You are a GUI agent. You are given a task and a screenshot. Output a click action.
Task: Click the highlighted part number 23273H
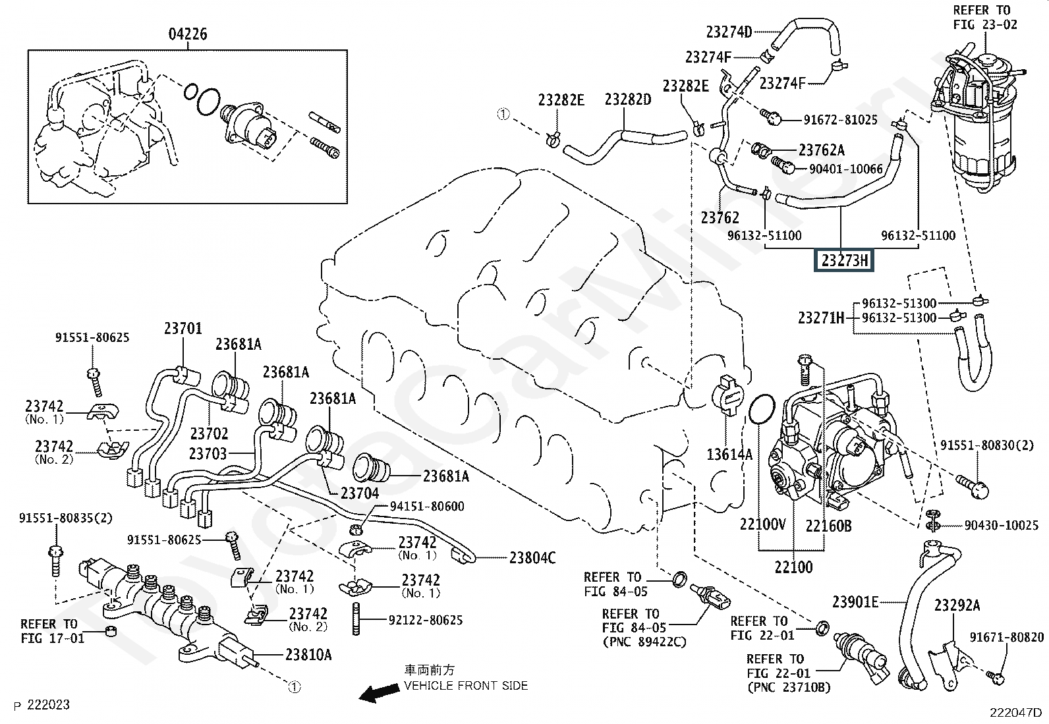coord(845,260)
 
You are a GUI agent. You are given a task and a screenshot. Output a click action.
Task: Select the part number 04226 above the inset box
coord(188,34)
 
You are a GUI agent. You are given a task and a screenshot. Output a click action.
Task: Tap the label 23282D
coord(628,99)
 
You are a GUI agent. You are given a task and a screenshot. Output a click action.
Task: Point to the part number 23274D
coord(729,32)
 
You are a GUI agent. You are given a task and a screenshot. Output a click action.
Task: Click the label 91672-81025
coord(840,120)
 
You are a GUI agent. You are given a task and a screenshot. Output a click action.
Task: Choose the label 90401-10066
coord(845,169)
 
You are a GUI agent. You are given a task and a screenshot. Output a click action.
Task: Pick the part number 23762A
coord(821,151)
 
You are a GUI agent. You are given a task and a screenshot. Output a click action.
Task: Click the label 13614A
coord(729,454)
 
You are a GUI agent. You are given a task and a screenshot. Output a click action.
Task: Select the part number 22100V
coord(762,524)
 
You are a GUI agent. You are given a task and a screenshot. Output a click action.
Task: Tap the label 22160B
coord(828,525)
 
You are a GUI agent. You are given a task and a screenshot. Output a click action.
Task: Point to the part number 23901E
coord(855,601)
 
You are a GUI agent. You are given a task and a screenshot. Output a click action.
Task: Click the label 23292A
coord(957,605)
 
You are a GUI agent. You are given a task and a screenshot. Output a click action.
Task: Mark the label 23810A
coord(308,654)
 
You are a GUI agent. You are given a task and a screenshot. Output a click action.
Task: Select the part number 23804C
coord(532,558)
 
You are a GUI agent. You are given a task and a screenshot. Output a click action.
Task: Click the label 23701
coord(183,328)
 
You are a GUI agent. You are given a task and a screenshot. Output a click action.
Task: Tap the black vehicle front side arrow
coord(379,692)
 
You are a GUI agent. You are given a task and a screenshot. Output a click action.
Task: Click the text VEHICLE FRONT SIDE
coord(466,686)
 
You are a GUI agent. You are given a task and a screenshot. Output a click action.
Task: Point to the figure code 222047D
coord(1015,712)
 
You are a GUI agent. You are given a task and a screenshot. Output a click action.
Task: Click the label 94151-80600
coord(427,506)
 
